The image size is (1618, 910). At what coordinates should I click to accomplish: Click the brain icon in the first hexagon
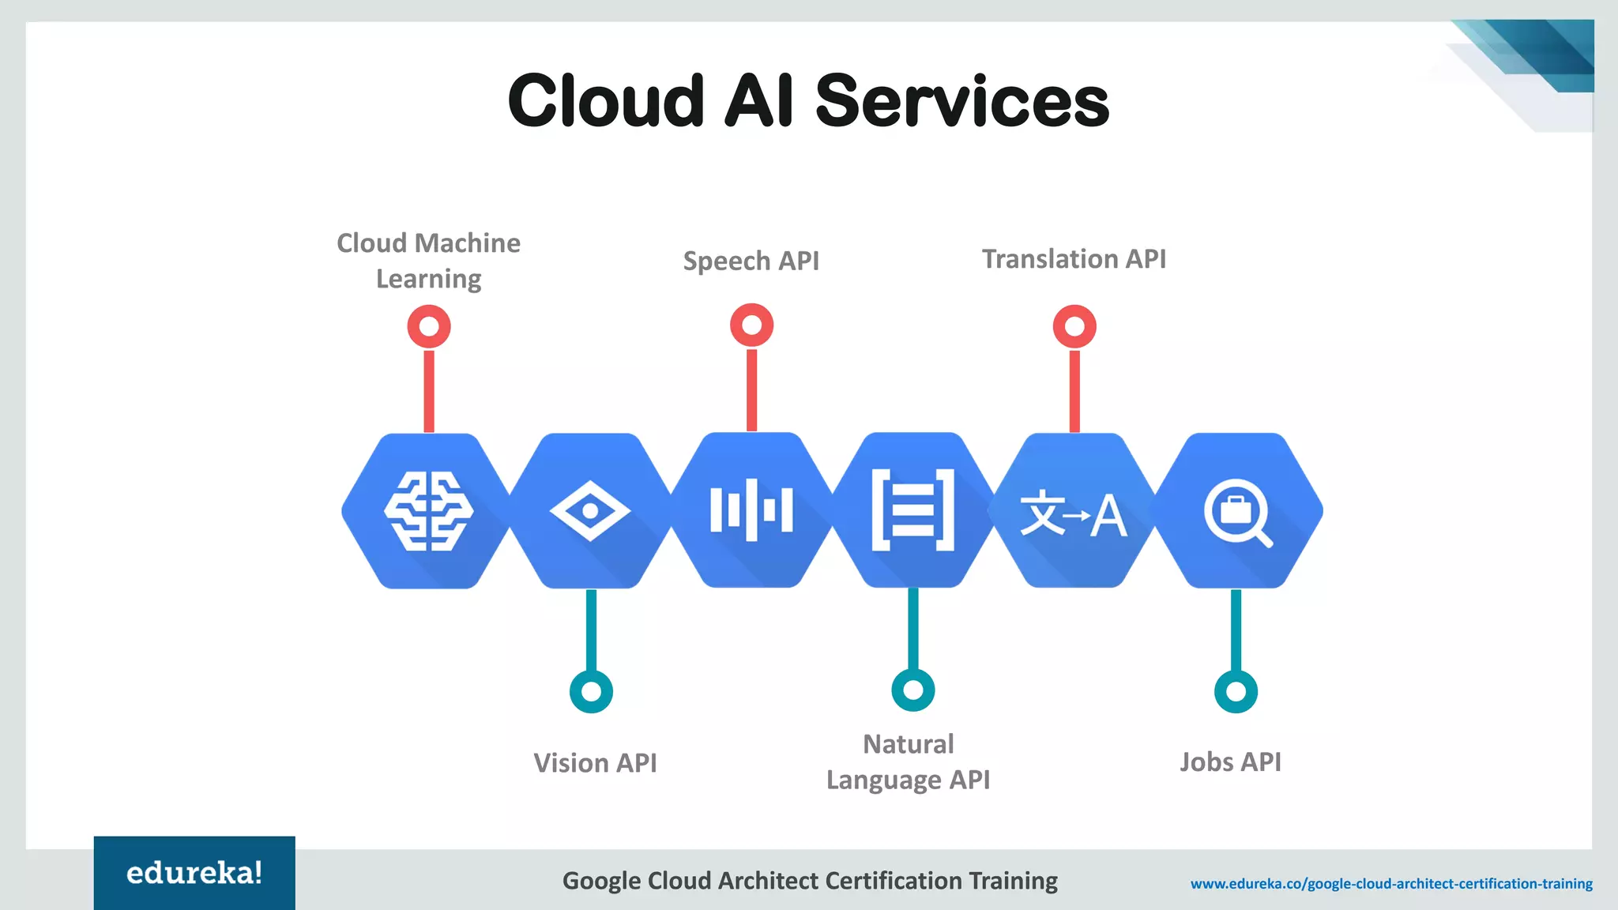point(429,510)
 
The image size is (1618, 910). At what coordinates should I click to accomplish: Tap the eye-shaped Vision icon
point(590,511)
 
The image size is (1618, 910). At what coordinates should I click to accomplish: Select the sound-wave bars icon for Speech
point(751,510)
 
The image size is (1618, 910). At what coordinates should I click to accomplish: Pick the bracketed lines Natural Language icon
point(912,510)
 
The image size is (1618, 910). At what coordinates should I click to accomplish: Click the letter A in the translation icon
point(1108,516)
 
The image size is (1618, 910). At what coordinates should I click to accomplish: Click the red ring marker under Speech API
point(751,325)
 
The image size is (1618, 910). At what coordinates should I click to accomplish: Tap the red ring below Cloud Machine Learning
point(429,326)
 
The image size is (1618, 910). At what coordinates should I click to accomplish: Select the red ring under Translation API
point(1074,326)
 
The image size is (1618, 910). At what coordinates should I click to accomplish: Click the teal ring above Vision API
point(591,691)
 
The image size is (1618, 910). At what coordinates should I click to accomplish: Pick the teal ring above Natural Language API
point(912,690)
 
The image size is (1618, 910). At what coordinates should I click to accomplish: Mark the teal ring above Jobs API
point(1236,691)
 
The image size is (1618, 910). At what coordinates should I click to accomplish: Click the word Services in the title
point(961,101)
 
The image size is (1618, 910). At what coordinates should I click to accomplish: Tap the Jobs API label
point(1230,761)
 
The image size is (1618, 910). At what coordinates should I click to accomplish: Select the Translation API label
point(1074,259)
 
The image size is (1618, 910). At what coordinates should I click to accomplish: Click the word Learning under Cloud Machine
point(428,279)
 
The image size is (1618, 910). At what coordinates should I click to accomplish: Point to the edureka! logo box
point(194,873)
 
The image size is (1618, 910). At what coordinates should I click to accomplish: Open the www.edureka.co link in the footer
point(1391,883)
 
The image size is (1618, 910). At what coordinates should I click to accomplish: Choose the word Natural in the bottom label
point(908,744)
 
